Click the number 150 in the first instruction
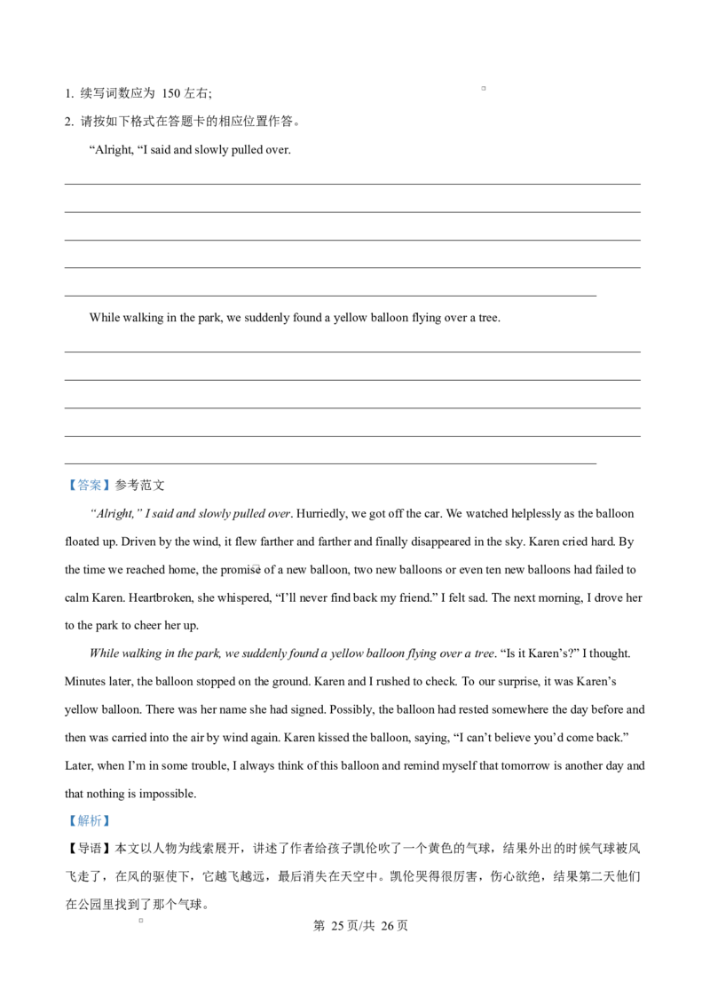[170, 93]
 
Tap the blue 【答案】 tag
[89, 486]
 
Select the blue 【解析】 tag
[89, 821]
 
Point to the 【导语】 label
[89, 849]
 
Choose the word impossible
[167, 794]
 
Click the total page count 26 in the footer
[387, 925]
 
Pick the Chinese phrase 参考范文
[139, 486]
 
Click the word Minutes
[85, 682]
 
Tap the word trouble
[211, 766]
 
